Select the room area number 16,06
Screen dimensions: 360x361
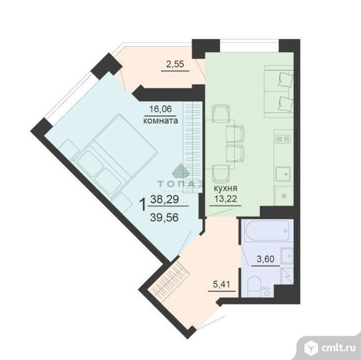(161, 112)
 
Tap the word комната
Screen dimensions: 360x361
(161, 121)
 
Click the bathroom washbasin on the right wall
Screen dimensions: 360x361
(287, 256)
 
